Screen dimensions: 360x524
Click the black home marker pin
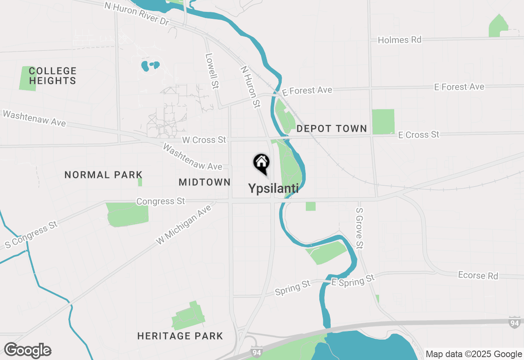click(x=261, y=163)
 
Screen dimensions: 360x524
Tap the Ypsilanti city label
click(x=273, y=188)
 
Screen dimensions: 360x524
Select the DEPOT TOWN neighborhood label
click(x=332, y=128)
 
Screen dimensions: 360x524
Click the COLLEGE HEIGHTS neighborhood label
click(x=53, y=76)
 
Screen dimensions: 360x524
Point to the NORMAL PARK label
click(x=104, y=175)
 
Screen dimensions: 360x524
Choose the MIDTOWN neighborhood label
click(x=205, y=182)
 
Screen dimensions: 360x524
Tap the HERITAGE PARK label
click(x=180, y=336)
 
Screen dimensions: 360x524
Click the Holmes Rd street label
click(x=399, y=40)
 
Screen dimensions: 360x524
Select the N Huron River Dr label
click(x=137, y=14)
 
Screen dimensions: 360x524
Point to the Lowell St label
click(x=212, y=71)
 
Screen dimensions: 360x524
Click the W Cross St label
click(x=204, y=140)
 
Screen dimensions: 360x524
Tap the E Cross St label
click(x=418, y=135)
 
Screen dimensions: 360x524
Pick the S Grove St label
click(x=359, y=228)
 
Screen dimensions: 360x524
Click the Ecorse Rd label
click(x=478, y=275)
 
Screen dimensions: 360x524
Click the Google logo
click(x=27, y=351)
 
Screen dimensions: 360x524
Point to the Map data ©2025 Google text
click(x=474, y=354)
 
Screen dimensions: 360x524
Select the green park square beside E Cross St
click(x=383, y=122)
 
